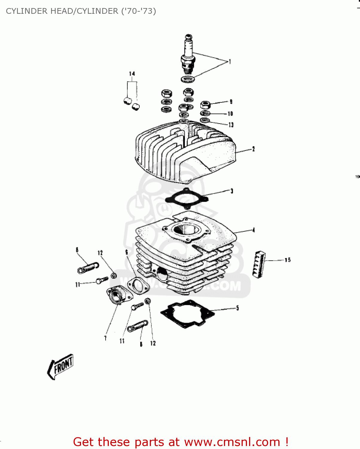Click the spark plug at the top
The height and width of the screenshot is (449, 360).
tap(187, 54)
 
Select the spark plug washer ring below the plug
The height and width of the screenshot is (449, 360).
tap(187, 79)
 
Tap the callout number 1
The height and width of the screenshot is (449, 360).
tap(230, 62)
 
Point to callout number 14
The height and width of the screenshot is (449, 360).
tap(132, 74)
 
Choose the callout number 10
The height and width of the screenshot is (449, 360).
tap(230, 114)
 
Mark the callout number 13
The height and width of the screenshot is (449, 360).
tap(231, 125)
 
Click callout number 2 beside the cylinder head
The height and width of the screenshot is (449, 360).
tap(253, 149)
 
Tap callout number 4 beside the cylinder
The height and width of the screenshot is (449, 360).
tap(254, 230)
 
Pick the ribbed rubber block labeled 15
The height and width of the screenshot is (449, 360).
tap(259, 264)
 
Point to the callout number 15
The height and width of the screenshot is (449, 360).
tap(287, 260)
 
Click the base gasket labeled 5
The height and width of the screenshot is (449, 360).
tap(187, 314)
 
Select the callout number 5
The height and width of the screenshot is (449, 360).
tap(237, 308)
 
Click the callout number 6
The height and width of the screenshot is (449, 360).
tap(126, 252)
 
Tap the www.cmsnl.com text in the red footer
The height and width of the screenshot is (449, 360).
tap(232, 442)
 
